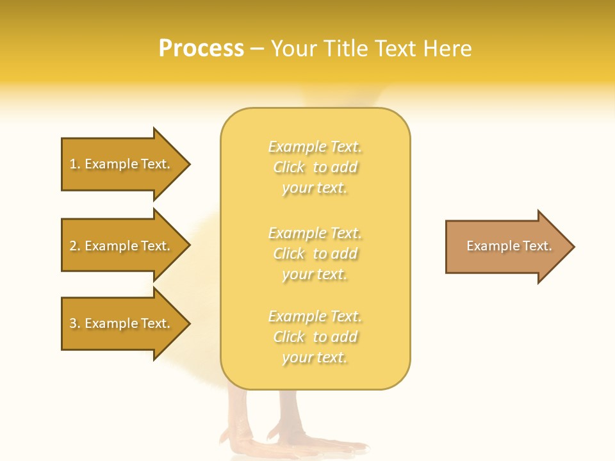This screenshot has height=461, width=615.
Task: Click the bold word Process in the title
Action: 201,49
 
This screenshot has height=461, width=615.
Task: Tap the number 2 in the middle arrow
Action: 73,246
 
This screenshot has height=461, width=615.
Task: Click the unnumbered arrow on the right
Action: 506,247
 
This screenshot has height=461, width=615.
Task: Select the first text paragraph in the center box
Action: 315,167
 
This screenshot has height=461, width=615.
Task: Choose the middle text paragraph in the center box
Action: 315,254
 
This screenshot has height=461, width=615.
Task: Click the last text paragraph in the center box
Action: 315,337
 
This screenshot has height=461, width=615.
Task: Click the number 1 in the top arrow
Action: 73,164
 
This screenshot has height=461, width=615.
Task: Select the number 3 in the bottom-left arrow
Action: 73,323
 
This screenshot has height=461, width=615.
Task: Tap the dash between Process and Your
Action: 257,49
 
